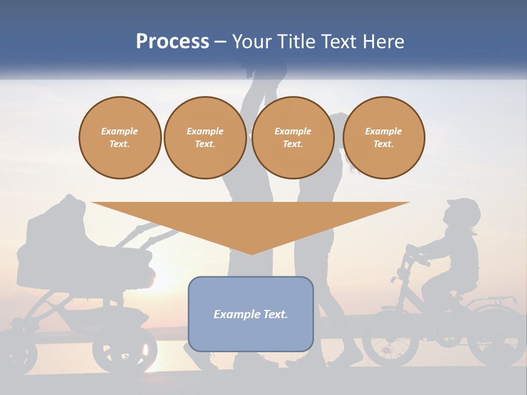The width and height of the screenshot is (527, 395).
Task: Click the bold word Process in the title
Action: (x=172, y=42)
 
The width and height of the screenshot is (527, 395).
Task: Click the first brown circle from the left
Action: (x=120, y=138)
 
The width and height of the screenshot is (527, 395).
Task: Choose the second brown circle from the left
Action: (x=205, y=138)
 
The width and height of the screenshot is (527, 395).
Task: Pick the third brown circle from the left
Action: (x=293, y=138)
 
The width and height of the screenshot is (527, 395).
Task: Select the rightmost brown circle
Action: (x=383, y=138)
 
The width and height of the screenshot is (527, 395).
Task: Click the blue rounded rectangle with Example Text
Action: (x=251, y=314)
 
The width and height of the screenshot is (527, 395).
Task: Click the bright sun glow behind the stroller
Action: (x=154, y=274)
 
